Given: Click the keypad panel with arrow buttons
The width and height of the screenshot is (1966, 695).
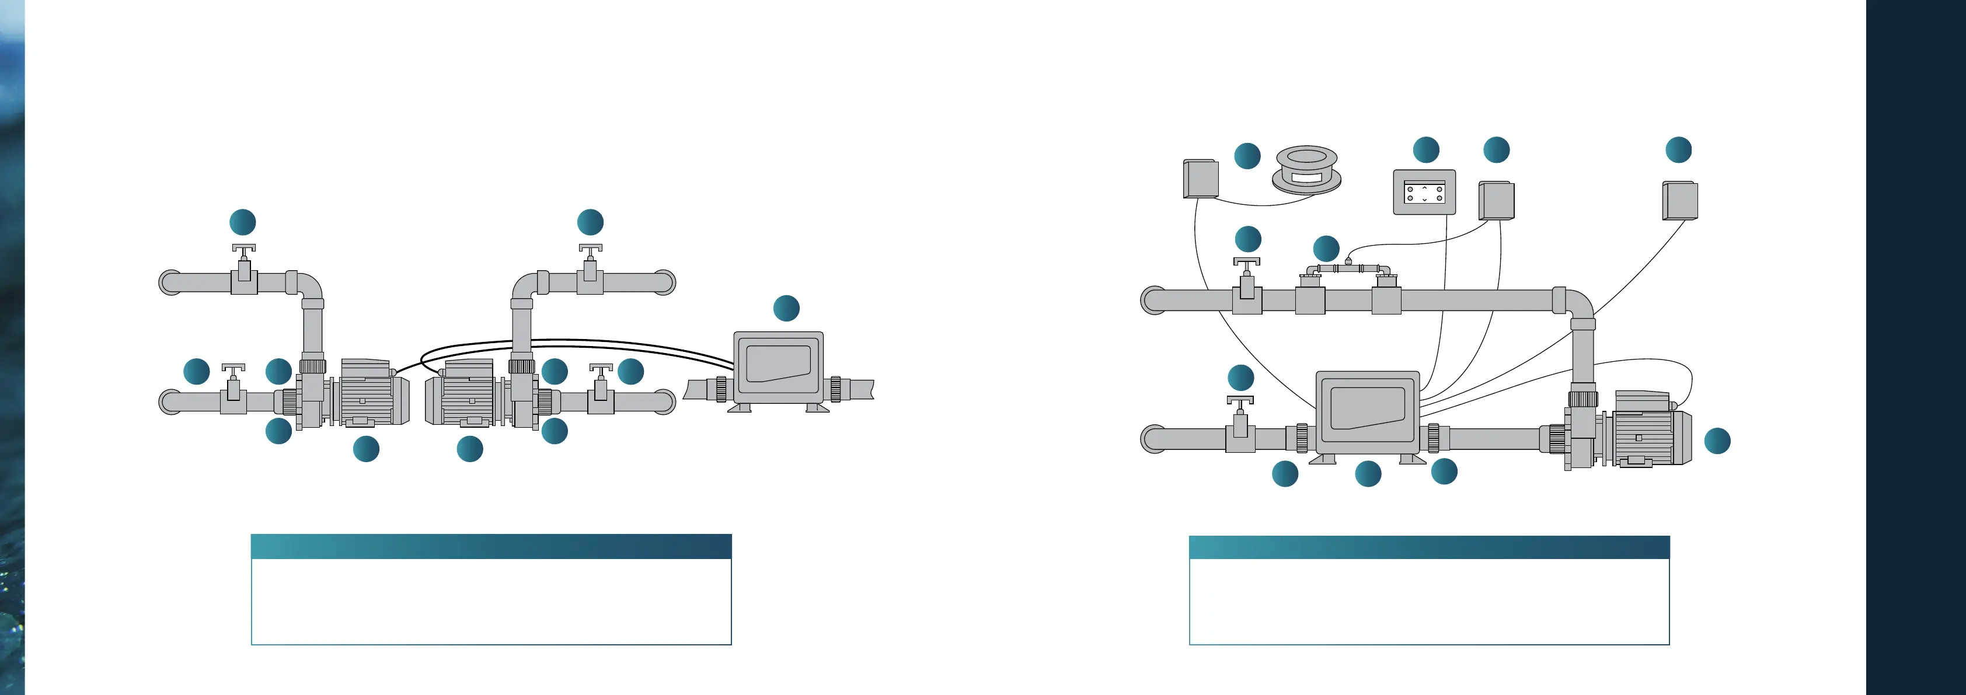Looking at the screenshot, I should click(1424, 192).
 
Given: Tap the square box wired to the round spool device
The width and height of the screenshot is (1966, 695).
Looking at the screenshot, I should click(1201, 179).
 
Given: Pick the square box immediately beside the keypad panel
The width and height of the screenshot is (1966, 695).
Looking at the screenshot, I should click(1497, 201).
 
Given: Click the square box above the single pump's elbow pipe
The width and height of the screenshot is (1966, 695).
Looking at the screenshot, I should click(1680, 200).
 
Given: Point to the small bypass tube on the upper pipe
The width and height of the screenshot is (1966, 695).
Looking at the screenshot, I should click(1348, 268).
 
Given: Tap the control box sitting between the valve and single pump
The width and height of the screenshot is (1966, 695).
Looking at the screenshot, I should click(1368, 412).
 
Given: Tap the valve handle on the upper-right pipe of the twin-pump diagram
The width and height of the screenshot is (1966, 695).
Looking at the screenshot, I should click(590, 249).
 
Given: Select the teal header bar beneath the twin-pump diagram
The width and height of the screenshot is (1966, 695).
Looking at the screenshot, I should click(491, 546).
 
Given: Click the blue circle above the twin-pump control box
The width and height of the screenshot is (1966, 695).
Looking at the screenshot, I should click(786, 308).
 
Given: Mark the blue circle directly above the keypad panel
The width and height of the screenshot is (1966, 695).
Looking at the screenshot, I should click(1425, 149).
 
